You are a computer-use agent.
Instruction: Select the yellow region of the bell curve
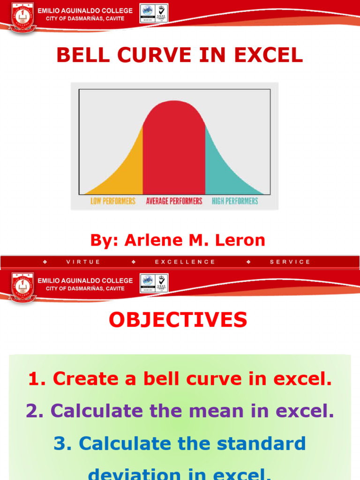(x=124, y=173)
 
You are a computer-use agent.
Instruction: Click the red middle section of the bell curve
(x=174, y=150)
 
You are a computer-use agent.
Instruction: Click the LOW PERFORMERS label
(x=112, y=201)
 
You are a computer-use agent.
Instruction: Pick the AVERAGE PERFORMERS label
(x=174, y=201)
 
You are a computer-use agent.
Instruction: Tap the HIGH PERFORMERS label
(x=235, y=201)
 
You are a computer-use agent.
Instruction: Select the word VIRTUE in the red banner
(x=83, y=262)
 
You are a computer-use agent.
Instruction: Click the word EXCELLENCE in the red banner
(x=185, y=262)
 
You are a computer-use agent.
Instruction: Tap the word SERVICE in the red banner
(x=290, y=262)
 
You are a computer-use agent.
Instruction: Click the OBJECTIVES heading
(x=178, y=320)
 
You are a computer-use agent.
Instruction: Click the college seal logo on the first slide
(x=22, y=16)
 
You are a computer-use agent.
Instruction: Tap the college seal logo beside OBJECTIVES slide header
(x=22, y=286)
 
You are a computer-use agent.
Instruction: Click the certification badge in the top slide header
(x=154, y=13)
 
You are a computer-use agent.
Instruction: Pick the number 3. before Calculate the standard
(x=63, y=443)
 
